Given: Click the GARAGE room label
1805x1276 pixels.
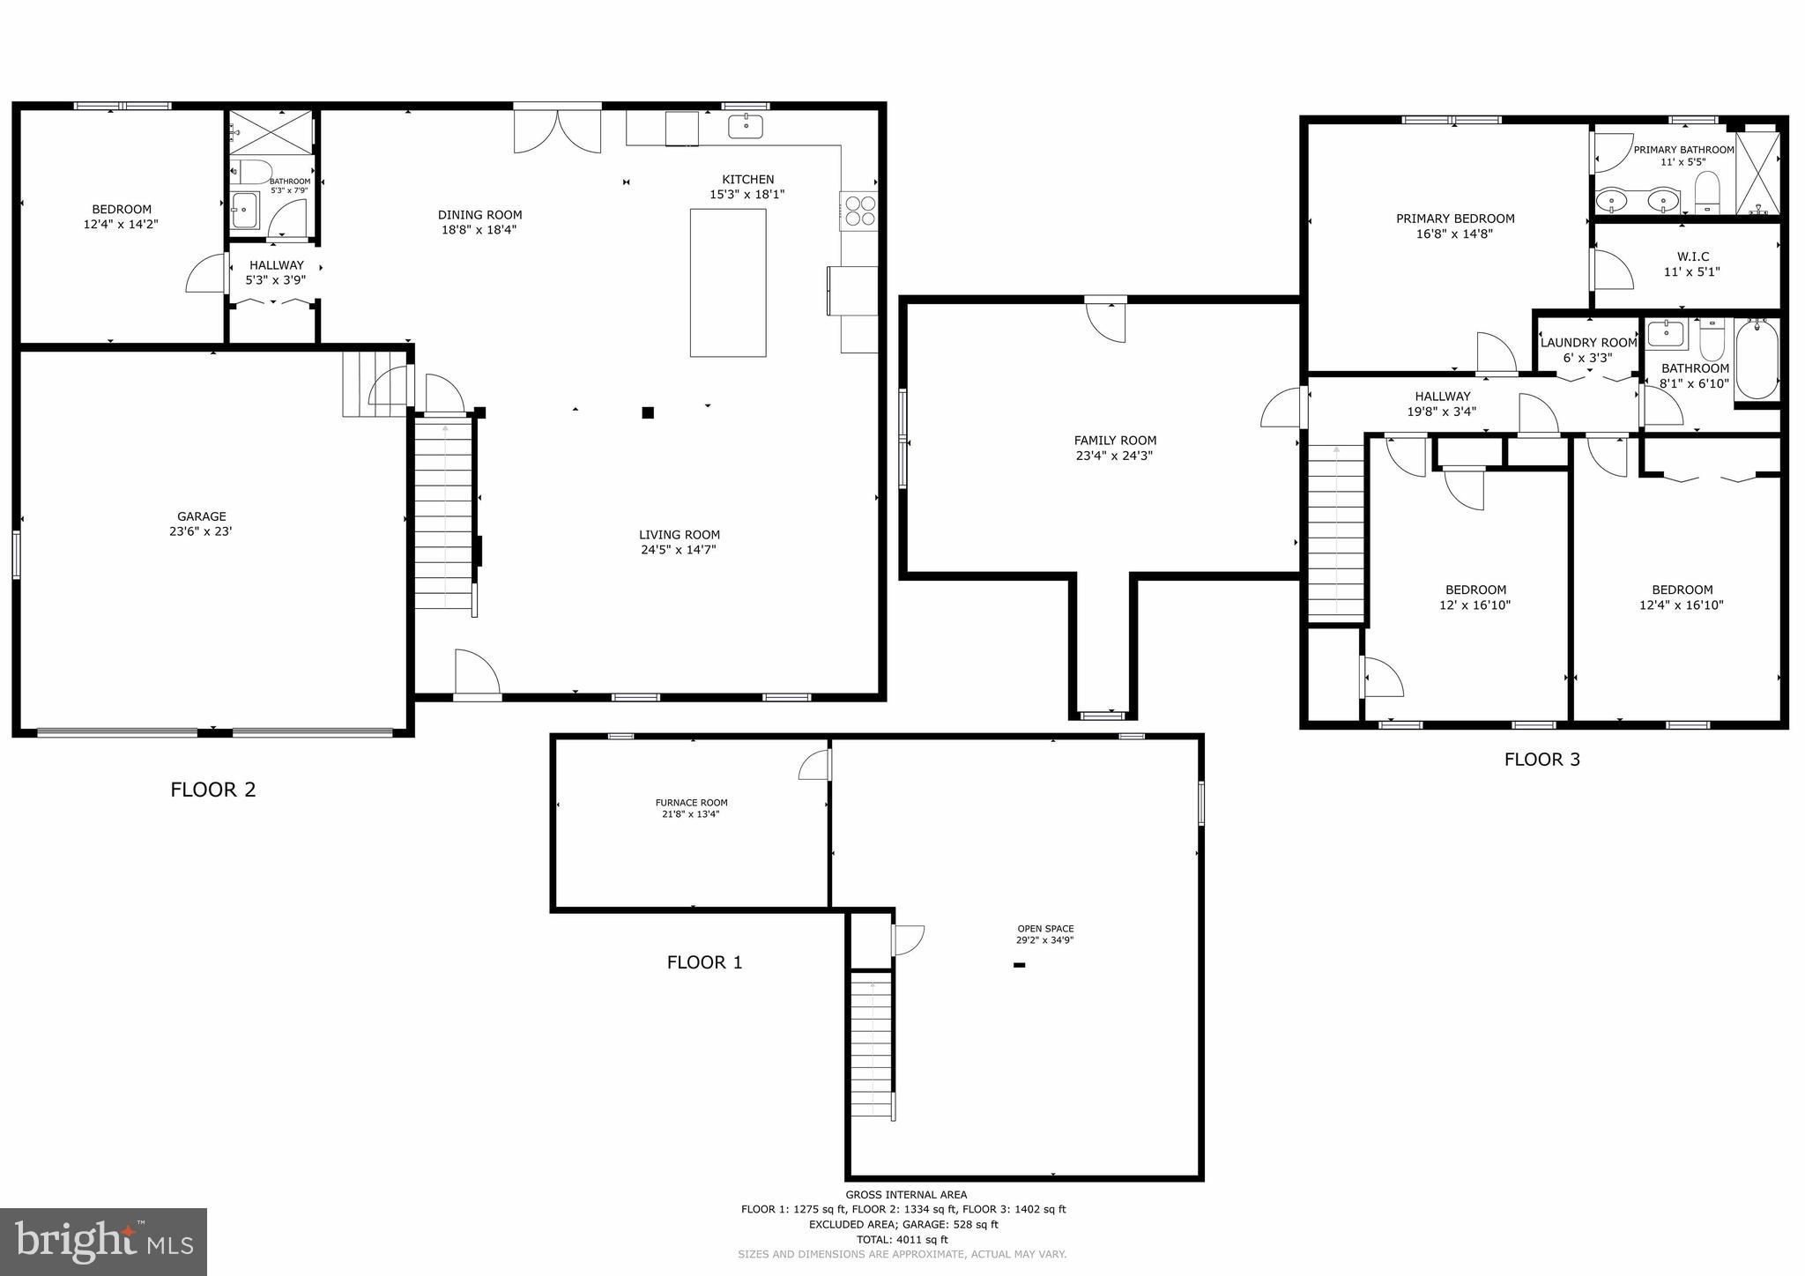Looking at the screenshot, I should [x=202, y=517].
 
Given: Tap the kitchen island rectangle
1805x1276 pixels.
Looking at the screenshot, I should [x=727, y=282].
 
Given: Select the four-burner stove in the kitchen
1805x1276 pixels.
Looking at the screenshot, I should [x=859, y=211].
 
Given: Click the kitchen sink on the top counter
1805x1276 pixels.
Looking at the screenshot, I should [x=746, y=127].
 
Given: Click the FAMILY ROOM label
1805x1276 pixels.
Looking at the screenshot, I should [x=1115, y=441].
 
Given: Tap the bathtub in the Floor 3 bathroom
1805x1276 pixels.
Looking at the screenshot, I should [x=1756, y=360].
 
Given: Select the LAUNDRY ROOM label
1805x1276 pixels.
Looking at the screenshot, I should [x=1588, y=343].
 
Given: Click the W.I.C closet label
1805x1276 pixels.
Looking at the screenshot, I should [x=1692, y=257].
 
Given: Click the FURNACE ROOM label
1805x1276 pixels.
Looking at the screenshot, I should [x=691, y=803].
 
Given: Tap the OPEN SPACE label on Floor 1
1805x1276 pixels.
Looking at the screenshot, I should [x=1045, y=929].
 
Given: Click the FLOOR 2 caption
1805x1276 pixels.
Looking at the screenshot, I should [x=213, y=790].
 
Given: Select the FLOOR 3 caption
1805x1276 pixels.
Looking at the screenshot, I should [x=1541, y=760].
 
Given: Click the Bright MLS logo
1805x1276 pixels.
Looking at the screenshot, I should [x=104, y=1241].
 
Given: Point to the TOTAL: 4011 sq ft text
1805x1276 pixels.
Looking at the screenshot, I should [x=902, y=1239].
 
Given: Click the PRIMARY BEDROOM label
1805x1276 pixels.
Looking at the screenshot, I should [x=1455, y=219].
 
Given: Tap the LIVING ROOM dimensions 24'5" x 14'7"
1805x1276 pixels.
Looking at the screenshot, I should [x=679, y=550].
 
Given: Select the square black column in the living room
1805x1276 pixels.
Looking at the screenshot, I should [x=648, y=412].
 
